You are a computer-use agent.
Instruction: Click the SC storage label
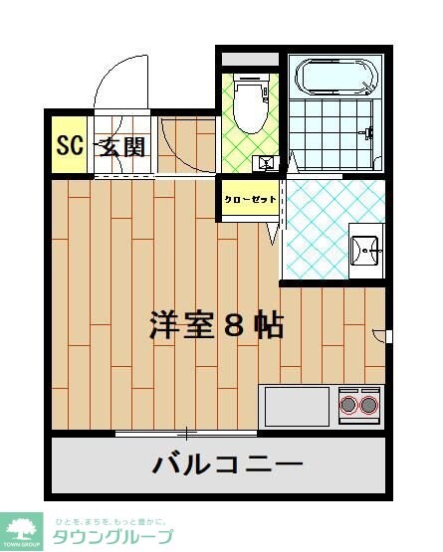(x=68, y=146)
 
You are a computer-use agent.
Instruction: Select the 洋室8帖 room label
(x=217, y=325)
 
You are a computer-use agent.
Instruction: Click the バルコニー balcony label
(x=227, y=464)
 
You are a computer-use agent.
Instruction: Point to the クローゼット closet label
(x=249, y=199)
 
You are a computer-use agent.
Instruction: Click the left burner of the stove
(x=349, y=404)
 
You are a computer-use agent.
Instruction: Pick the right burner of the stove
(x=370, y=404)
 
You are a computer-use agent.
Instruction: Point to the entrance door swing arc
(x=124, y=75)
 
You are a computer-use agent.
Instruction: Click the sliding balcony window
(x=185, y=433)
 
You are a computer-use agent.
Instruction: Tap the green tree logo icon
(x=21, y=529)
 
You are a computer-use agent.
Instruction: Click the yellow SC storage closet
(x=69, y=146)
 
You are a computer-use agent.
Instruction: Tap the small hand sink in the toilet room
(x=266, y=162)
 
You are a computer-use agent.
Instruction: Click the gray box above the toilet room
(x=249, y=59)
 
